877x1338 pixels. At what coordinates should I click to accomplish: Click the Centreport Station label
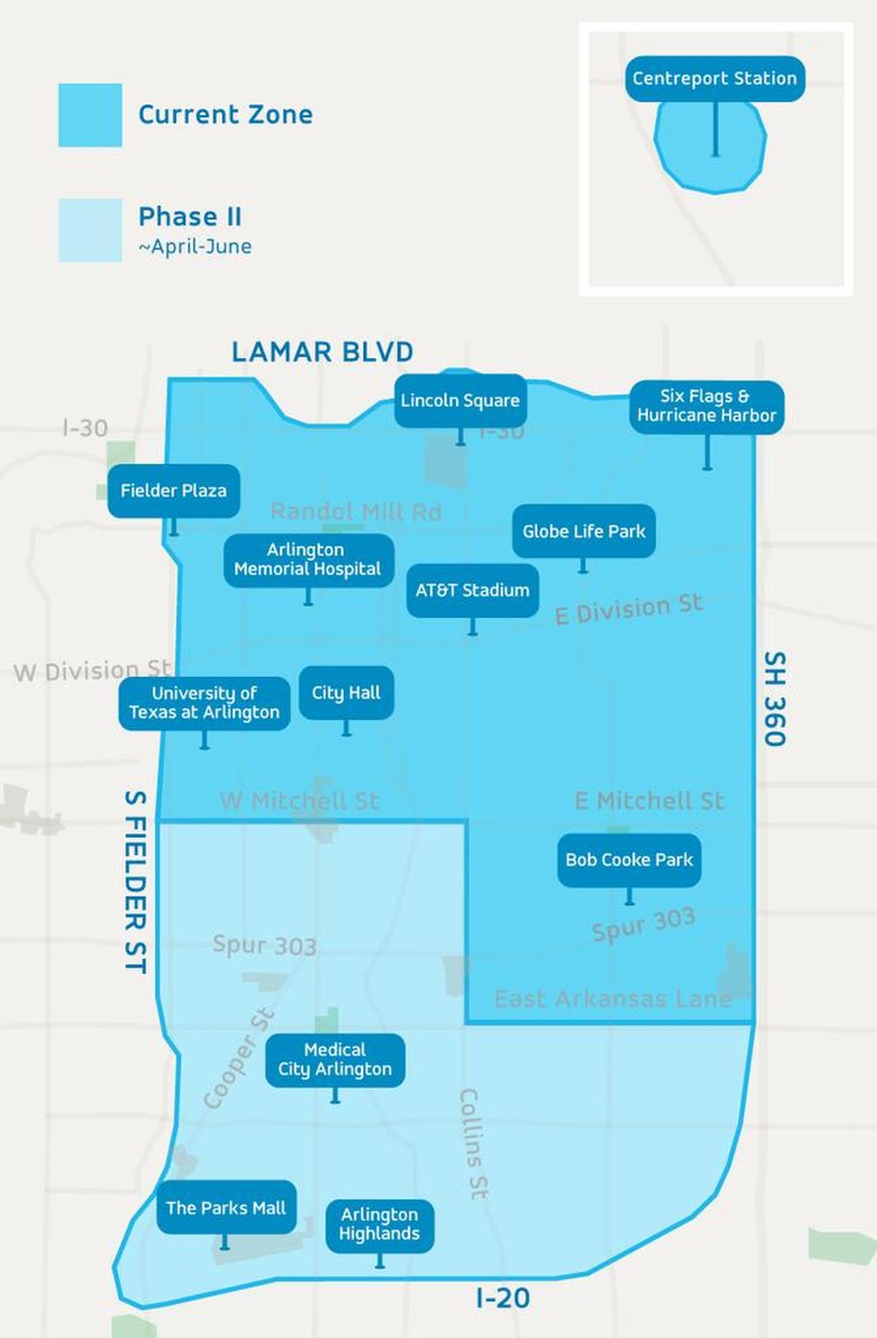[715, 78]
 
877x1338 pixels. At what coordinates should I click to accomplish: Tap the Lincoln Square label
[460, 400]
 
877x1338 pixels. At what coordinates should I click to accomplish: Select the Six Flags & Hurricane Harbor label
[706, 406]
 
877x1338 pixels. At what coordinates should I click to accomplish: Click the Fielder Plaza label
[173, 491]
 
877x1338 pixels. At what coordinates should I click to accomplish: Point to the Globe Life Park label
[584, 531]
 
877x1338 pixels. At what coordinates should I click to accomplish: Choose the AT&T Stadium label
[472, 590]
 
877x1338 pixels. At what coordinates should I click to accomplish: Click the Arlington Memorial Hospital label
[308, 559]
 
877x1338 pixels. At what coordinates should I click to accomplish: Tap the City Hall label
[346, 692]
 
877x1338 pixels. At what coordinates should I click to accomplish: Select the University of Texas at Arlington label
[205, 702]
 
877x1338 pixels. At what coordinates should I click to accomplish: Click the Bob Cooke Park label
[629, 860]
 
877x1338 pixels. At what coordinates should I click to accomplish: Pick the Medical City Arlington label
[335, 1059]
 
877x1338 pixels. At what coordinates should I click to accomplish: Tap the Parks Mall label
[226, 1208]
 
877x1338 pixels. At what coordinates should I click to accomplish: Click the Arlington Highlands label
[379, 1224]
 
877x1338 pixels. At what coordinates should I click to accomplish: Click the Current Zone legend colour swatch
[90, 115]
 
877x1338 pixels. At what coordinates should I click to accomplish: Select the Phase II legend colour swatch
[90, 230]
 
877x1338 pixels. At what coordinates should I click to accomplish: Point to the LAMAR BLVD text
[322, 352]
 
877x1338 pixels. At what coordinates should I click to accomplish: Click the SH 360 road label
[774, 699]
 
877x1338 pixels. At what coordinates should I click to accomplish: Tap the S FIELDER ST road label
[135, 882]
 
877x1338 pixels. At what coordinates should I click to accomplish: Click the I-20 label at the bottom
[502, 1299]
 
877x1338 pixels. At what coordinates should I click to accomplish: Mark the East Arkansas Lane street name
[612, 999]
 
